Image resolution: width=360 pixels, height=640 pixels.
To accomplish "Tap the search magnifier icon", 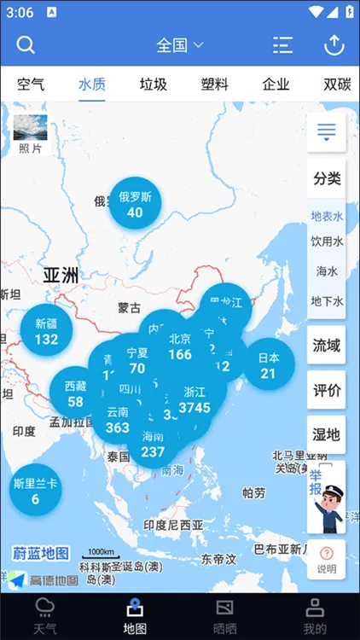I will [26, 45].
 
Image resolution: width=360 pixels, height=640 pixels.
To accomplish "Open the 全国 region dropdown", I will [180, 45].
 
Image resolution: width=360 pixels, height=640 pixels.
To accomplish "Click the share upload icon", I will [334, 45].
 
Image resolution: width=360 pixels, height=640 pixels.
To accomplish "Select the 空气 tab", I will [31, 84].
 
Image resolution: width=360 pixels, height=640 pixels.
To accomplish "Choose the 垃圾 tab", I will [154, 84].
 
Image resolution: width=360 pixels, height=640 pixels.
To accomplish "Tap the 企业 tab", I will [276, 84].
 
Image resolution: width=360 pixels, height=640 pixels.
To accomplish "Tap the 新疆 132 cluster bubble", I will [46, 331].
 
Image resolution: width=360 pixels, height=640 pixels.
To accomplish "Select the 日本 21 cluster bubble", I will [269, 365].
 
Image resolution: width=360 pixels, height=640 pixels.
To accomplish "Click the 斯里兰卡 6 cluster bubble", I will [35, 491].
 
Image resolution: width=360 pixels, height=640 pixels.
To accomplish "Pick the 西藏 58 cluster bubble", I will [75, 394].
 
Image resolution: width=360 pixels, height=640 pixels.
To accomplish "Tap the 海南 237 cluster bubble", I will [154, 444].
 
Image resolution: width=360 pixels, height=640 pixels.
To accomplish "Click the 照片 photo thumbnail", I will [30, 135].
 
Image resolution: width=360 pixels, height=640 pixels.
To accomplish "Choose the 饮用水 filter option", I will [327, 242].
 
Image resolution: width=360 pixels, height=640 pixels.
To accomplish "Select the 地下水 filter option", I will [327, 300].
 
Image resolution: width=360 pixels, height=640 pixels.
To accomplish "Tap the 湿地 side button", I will [327, 434].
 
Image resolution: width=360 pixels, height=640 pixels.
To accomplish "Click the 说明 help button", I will [327, 560].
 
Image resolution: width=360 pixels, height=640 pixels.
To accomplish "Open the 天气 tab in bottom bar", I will [44, 616].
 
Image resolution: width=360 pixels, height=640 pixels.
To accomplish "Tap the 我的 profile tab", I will [315, 616].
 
